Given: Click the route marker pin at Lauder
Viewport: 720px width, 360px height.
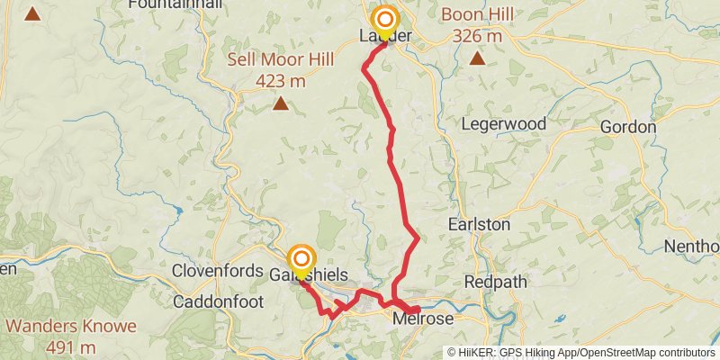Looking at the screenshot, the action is (385, 21).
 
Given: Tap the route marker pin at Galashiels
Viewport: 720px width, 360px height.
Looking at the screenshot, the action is (301, 260).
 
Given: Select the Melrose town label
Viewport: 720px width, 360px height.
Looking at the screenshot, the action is (423, 319).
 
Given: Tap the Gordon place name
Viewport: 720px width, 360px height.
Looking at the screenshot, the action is (627, 127).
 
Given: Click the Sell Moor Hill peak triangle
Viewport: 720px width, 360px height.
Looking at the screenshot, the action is (281, 104).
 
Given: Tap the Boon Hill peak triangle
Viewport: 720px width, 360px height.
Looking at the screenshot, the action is (477, 58).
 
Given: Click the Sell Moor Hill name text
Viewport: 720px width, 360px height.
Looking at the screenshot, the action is (280, 60).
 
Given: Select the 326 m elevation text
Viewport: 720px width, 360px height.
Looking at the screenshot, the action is (477, 36).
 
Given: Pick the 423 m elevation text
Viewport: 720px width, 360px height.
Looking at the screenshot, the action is (280, 82).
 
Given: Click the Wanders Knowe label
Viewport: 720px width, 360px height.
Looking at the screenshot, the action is (71, 325).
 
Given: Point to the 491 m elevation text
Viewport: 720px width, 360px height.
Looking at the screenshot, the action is (71, 347).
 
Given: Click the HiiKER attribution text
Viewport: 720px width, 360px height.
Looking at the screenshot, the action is (581, 352).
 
